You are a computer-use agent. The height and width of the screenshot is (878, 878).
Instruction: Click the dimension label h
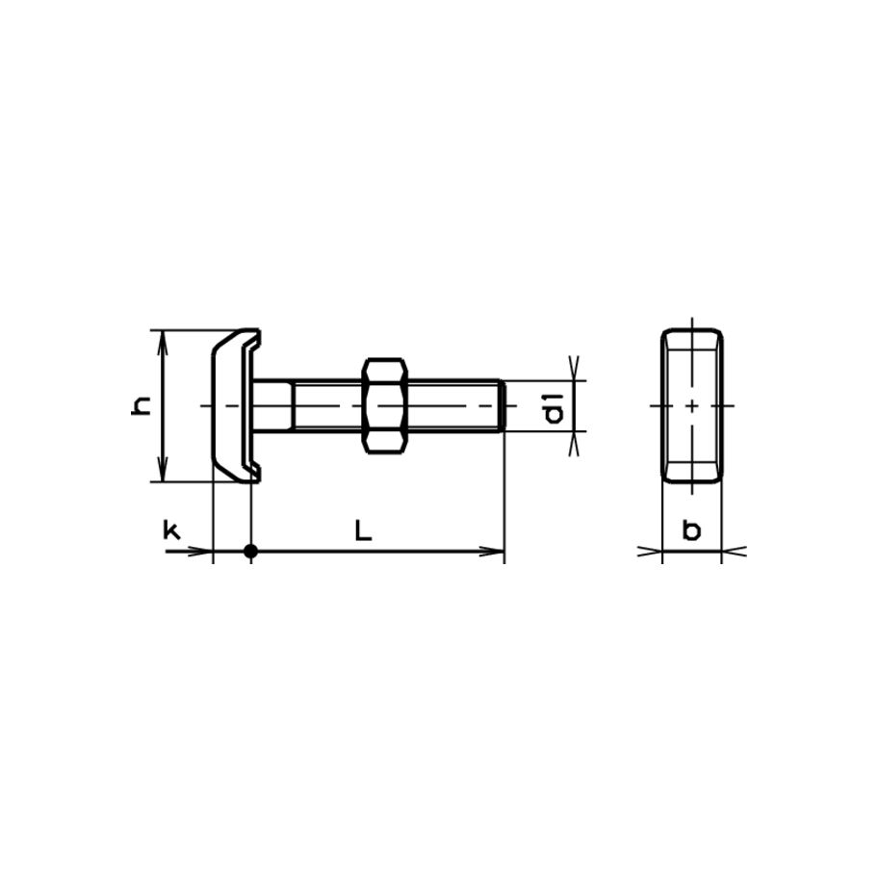142,406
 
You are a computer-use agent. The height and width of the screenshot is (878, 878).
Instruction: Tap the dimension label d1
553,406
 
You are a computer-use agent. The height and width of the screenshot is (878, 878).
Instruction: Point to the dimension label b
691,529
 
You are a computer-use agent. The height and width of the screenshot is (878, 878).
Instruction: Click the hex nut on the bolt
385,405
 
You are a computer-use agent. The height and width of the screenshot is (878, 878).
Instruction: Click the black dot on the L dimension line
250,552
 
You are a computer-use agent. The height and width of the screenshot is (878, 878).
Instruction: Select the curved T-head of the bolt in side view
231,405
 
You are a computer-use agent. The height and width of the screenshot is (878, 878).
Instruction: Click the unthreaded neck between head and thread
273,405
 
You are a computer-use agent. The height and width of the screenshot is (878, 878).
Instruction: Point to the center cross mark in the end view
692,405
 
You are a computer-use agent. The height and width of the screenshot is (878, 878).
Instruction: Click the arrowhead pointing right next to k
202,552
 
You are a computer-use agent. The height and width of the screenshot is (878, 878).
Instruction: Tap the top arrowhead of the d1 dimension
575,371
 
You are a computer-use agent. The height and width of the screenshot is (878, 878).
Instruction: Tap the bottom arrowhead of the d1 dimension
575,442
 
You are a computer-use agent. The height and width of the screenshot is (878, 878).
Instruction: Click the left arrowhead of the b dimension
654,552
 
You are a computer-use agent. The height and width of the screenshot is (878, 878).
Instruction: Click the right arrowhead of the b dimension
731,552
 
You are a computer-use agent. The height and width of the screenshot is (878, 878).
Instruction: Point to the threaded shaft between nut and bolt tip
452,405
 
